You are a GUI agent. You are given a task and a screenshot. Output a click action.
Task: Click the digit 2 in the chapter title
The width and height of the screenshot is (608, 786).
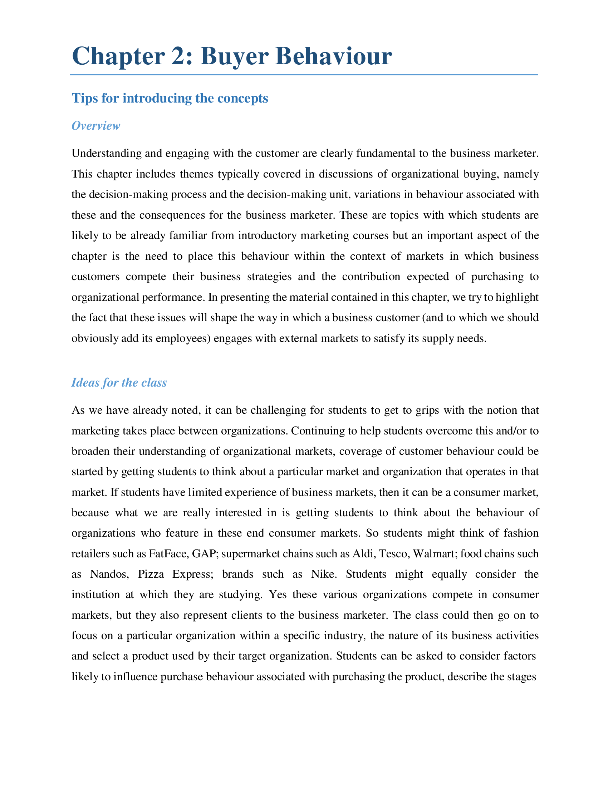click(182, 56)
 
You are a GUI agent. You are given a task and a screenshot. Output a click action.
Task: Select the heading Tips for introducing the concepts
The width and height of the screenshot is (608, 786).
click(170, 98)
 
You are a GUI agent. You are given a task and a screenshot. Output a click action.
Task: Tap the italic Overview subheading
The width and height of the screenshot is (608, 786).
click(95, 126)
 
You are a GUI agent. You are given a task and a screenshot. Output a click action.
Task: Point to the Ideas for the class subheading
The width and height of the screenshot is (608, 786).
click(119, 382)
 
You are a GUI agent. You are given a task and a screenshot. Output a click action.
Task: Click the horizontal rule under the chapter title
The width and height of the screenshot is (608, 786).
click(304, 75)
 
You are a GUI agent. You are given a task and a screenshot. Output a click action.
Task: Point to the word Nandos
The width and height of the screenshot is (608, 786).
click(109, 574)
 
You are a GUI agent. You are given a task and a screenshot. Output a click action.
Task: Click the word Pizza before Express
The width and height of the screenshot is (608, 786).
click(151, 574)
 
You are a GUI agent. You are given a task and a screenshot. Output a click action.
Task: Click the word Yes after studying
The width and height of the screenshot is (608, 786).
click(278, 595)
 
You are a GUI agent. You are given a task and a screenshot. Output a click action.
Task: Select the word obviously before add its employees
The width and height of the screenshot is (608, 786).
click(94, 338)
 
